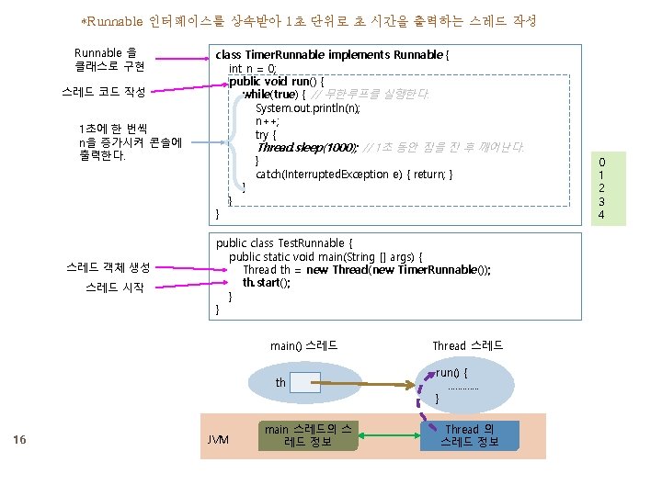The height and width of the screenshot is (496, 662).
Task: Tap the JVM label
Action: (218, 440)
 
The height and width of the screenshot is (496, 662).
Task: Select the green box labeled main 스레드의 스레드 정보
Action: (307, 435)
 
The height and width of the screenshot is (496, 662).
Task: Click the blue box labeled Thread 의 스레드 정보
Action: (469, 435)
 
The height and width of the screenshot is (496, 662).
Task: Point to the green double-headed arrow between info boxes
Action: (389, 435)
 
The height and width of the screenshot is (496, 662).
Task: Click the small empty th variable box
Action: (304, 382)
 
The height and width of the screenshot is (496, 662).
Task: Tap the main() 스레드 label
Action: (303, 345)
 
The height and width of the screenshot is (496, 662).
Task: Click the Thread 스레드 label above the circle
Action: (467, 345)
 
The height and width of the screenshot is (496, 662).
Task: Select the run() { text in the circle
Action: (452, 373)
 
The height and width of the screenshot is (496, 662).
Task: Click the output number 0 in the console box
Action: (601, 161)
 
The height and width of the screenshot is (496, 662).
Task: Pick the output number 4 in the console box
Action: (601, 214)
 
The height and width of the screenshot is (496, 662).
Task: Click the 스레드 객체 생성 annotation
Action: (108, 268)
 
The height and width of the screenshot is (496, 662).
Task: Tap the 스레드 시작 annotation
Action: (108, 288)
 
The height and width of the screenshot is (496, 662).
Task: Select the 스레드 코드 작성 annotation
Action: (104, 91)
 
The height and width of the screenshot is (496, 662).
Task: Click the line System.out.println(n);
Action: (307, 108)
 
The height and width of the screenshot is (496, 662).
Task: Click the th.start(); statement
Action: (267, 283)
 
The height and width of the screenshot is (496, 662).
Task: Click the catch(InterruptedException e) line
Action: (353, 175)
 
